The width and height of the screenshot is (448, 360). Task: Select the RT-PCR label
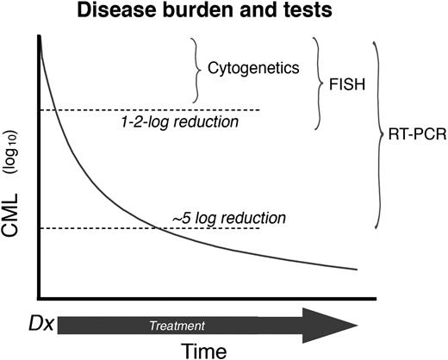pos(415,134)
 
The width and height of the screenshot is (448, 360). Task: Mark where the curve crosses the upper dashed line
pos(53,109)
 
